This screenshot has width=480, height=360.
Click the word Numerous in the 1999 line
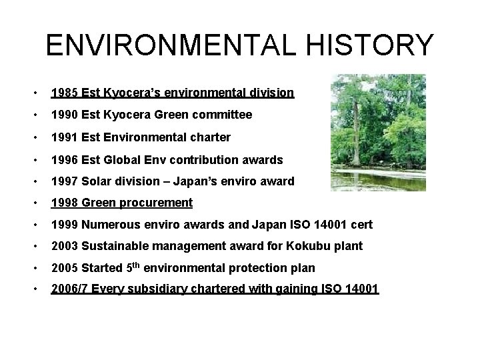[109, 225]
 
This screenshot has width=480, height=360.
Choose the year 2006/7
[70, 289]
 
